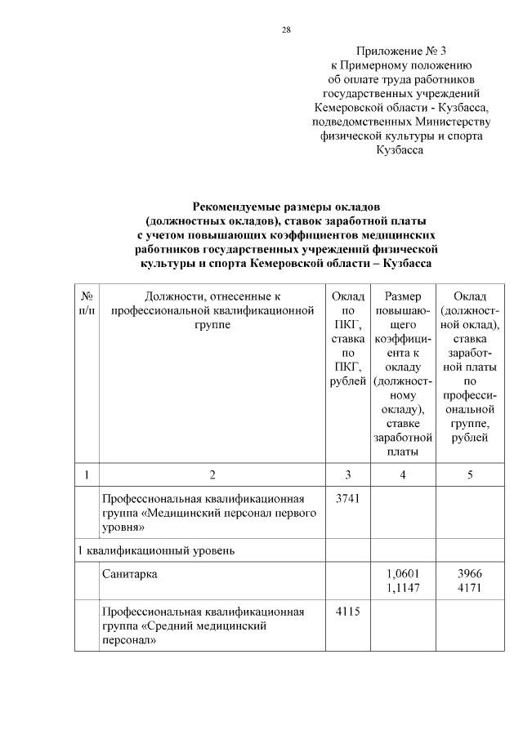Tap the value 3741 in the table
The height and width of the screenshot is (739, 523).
coord(347,498)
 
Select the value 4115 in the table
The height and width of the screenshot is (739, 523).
coord(347,611)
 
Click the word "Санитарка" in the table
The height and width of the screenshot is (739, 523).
coord(130,574)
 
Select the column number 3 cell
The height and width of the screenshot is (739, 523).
coord(347,474)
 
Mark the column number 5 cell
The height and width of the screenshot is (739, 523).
coord(470,474)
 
